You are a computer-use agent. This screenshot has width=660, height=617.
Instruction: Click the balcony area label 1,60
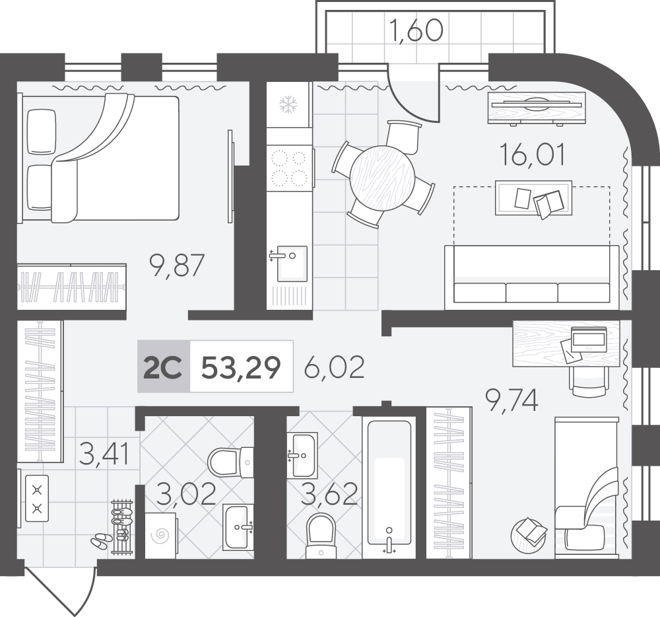click(x=416, y=31)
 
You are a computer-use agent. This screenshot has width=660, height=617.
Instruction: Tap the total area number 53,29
click(x=241, y=367)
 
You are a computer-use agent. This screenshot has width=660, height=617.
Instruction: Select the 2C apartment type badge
click(x=163, y=367)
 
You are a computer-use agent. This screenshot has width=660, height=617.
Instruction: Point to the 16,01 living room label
click(x=533, y=155)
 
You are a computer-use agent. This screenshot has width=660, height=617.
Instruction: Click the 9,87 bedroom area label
click(x=177, y=266)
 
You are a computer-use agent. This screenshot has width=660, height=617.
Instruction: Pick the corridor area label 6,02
click(x=334, y=367)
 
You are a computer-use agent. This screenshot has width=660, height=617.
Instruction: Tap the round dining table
click(x=382, y=178)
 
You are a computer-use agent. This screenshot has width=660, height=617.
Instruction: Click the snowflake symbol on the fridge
click(x=289, y=104)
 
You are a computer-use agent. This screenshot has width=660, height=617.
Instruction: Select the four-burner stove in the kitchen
click(x=290, y=169)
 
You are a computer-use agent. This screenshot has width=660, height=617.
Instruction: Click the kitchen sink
click(x=289, y=263)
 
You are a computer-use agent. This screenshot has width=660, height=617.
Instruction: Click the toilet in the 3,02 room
click(x=230, y=462)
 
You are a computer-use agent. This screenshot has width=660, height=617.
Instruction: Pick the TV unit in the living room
click(x=536, y=108)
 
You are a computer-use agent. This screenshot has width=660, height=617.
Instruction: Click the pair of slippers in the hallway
click(x=100, y=541)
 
